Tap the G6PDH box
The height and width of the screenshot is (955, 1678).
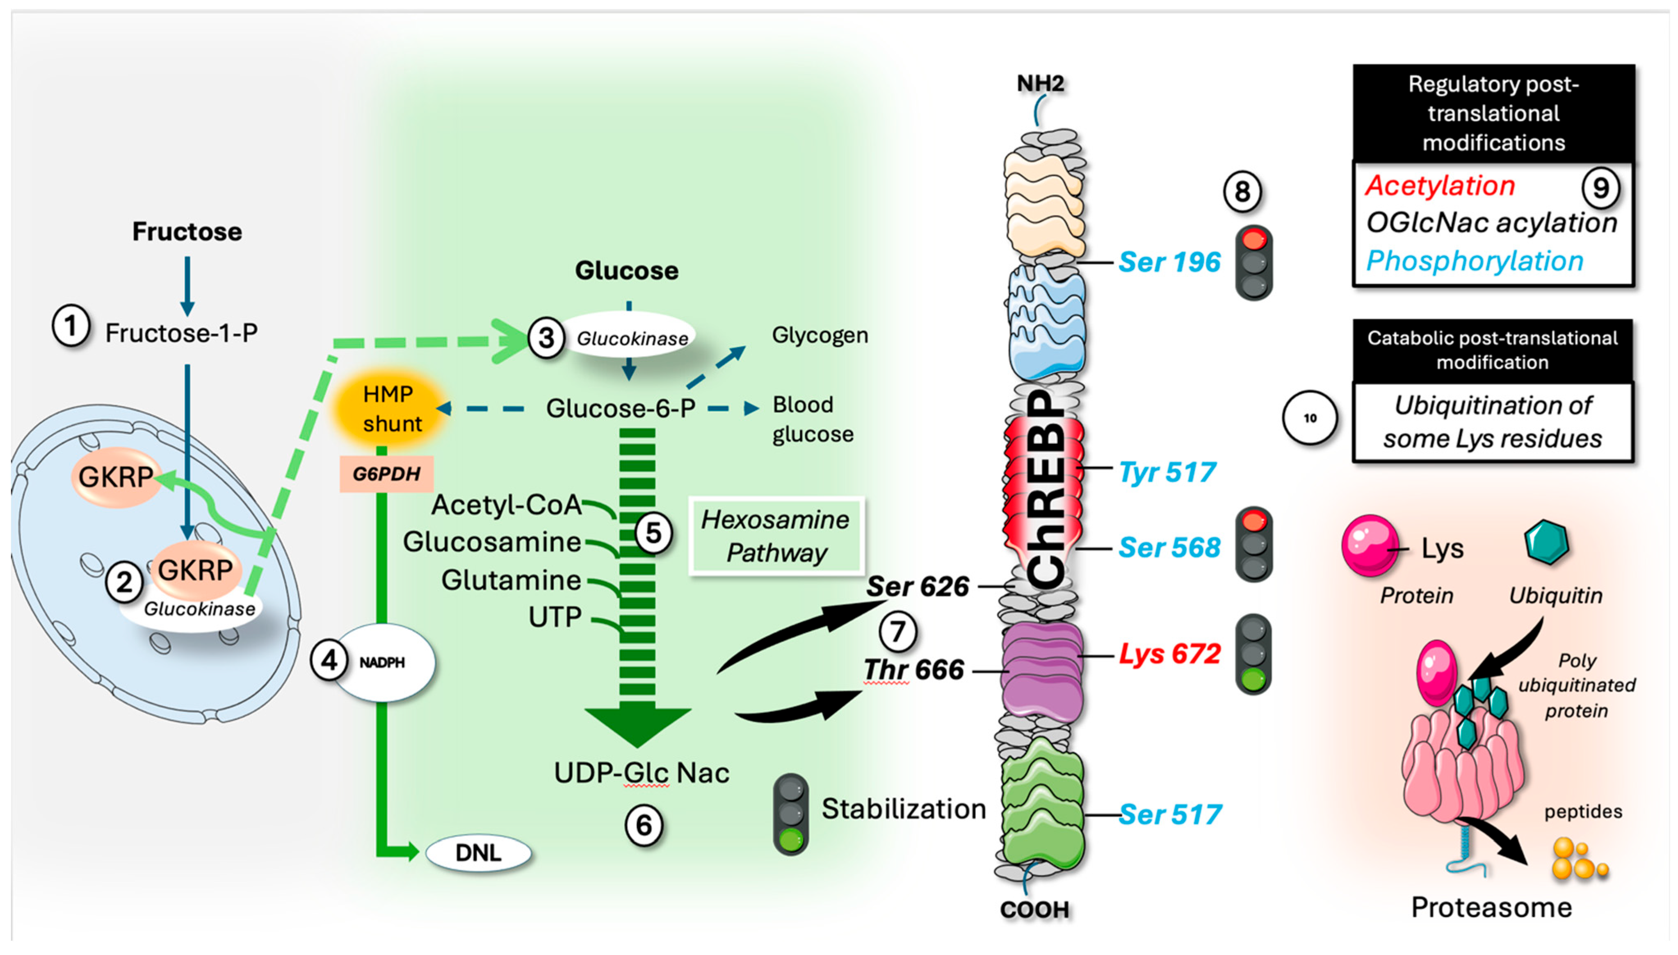point(386,473)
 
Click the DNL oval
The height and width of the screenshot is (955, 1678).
point(478,853)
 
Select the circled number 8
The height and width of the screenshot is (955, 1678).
point(1242,191)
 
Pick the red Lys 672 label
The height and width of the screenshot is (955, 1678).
point(1169,653)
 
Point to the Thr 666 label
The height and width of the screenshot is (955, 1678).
point(913,670)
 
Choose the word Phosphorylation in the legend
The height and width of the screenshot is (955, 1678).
point(1475,261)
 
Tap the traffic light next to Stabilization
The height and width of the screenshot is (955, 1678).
point(791,814)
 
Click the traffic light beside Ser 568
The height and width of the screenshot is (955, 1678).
point(1254,544)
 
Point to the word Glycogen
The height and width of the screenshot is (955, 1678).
point(820,335)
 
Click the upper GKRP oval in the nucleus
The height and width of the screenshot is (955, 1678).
point(116,477)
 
